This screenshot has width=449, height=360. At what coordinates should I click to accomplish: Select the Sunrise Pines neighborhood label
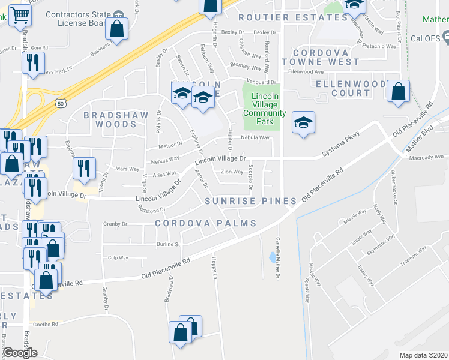point(250,200)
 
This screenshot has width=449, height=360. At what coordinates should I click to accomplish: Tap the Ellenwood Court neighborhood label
point(351,88)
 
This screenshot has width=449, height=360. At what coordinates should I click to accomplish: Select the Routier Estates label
point(293,18)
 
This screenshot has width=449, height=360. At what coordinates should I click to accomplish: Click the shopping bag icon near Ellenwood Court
point(398,92)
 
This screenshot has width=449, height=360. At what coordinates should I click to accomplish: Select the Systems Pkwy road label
point(340,144)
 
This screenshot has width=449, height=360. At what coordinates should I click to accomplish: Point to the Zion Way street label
point(232,172)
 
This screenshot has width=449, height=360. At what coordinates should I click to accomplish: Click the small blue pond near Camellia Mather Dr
point(273,257)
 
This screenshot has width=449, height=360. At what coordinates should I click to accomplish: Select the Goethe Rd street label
point(46,324)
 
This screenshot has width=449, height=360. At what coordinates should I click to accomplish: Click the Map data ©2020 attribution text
point(424,355)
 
